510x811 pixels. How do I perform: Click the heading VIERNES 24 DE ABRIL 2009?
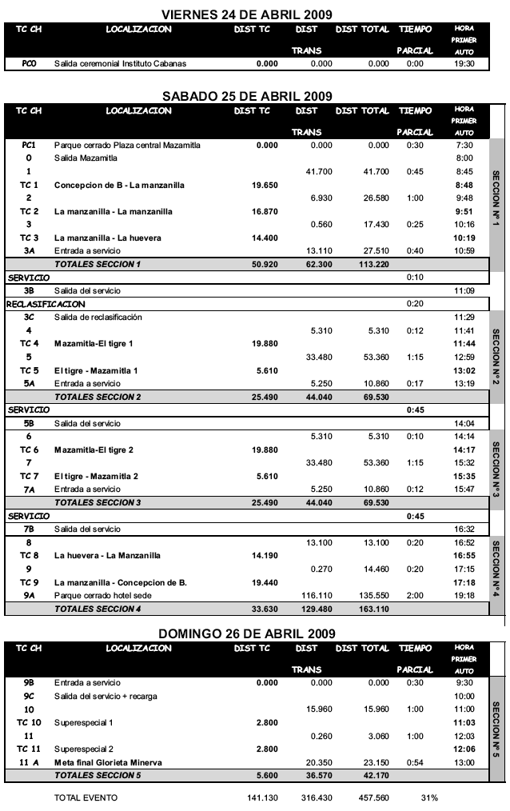click(x=247, y=14)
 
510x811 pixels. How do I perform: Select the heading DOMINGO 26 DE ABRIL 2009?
click(x=247, y=633)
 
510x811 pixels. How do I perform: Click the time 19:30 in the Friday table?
click(x=464, y=64)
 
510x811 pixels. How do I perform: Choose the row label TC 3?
click(x=30, y=238)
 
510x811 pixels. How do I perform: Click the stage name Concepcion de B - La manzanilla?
click(x=119, y=185)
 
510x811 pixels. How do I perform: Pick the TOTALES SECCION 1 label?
click(x=97, y=264)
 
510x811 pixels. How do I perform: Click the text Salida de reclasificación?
click(x=98, y=317)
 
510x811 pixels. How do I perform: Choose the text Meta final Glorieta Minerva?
click(x=108, y=763)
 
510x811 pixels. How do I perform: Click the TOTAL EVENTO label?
click(x=86, y=797)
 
